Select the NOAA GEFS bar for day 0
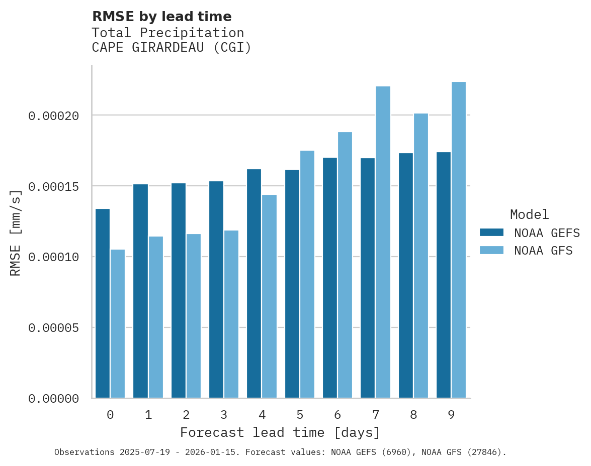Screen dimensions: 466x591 103,303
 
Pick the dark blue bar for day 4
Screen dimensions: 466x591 254,284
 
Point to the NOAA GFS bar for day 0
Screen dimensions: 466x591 118,324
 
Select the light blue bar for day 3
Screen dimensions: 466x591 231,314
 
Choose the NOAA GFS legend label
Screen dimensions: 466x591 543,251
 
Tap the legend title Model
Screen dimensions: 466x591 529,214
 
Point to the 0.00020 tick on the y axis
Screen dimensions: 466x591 54,116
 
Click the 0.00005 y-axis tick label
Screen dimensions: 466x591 54,328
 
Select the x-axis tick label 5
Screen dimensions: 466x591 300,415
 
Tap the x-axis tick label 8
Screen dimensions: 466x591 413,415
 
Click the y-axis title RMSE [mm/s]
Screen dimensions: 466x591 16,232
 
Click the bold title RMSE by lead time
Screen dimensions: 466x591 162,17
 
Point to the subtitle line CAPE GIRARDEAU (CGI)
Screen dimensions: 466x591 172,48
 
